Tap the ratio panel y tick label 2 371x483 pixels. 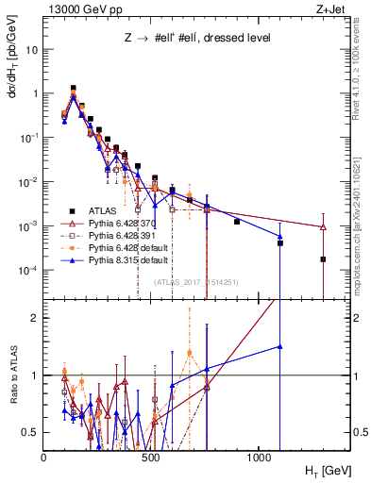tap(35, 318)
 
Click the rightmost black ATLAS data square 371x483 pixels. tap(323, 259)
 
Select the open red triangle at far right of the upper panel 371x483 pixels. tap(323, 227)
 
